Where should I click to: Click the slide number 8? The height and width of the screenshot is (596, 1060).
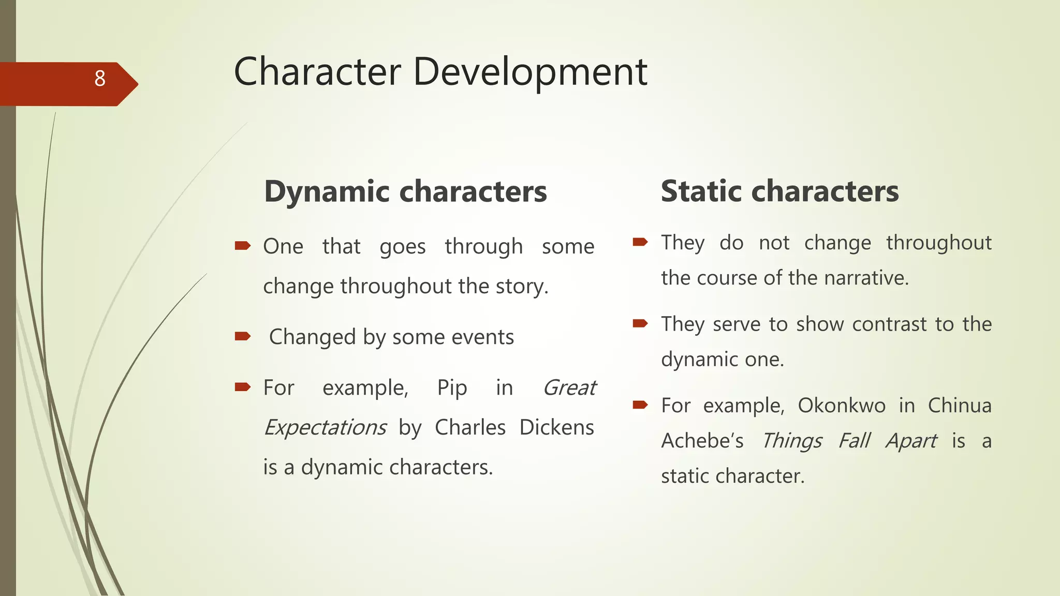(x=100, y=79)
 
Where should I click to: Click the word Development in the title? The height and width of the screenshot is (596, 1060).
(x=529, y=72)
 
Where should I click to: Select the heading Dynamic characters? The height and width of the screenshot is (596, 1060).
(x=405, y=191)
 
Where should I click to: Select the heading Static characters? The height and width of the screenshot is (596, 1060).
(x=779, y=191)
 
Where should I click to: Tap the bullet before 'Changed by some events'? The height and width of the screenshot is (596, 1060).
(x=242, y=337)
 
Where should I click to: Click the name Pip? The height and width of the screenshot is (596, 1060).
(x=452, y=388)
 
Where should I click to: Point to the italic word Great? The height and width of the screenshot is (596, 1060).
(x=569, y=388)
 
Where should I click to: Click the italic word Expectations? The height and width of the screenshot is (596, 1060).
(x=325, y=428)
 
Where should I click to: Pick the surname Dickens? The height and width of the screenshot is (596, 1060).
(x=556, y=428)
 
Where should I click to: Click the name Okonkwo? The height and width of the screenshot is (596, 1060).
(x=842, y=406)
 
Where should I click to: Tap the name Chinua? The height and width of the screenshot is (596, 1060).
(x=959, y=406)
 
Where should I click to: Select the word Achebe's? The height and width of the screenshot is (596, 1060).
(x=702, y=441)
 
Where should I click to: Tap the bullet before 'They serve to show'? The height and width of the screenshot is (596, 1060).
(x=640, y=324)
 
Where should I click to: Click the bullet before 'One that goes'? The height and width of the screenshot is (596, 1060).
(x=242, y=246)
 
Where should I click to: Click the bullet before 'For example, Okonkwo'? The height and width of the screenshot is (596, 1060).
(x=640, y=405)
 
